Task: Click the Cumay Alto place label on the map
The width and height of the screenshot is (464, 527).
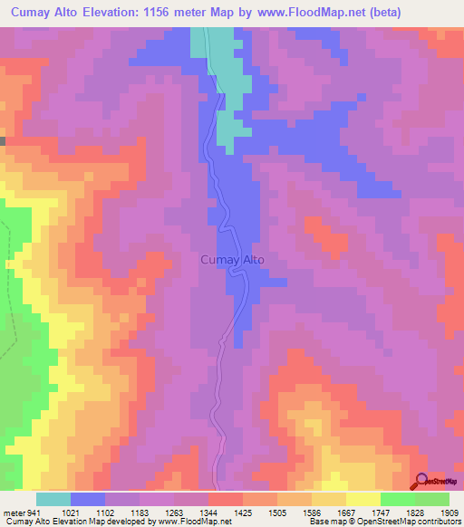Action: [231, 260]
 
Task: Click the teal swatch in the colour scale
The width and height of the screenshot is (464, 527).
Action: [53, 499]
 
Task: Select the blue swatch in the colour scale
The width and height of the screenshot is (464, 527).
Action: [88, 499]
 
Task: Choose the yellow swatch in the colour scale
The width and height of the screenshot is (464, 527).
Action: [362, 499]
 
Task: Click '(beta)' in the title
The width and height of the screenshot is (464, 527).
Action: [379, 12]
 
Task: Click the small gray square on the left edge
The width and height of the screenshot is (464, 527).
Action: [3, 141]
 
